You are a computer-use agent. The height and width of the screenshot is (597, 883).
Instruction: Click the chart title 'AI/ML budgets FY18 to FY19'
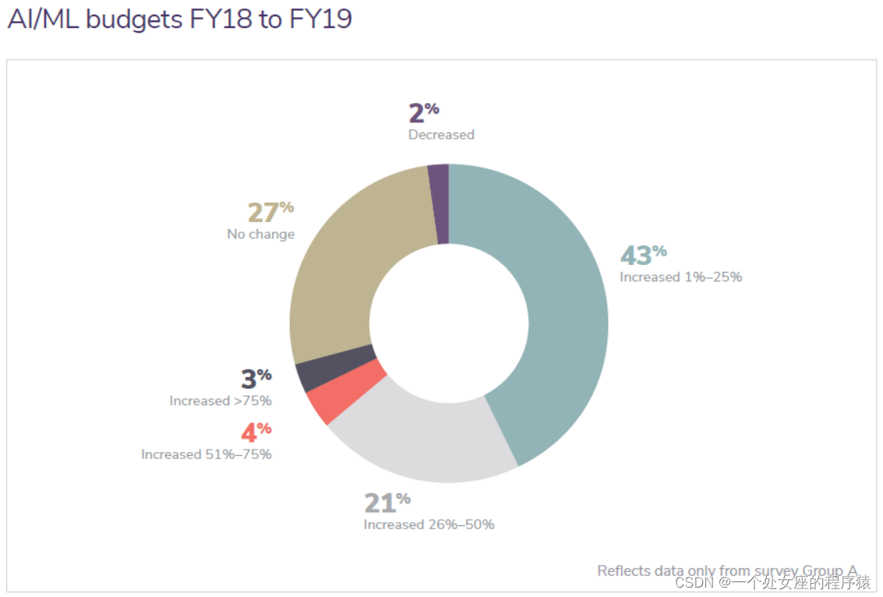coord(179,19)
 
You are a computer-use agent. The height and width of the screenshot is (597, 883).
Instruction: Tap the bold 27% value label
coord(270,212)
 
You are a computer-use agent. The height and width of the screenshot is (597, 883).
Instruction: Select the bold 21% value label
coord(387,503)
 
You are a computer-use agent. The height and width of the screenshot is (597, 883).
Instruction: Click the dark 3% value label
coord(256,379)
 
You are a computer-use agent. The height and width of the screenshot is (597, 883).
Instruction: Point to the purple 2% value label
coord(423,113)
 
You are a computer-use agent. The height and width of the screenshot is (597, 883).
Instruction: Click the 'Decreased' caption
coord(441,135)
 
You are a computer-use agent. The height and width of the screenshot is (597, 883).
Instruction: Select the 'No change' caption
coord(261,234)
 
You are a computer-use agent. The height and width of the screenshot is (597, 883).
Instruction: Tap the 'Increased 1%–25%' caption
coord(680,277)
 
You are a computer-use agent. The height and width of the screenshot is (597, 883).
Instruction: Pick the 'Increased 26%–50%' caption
coord(429,525)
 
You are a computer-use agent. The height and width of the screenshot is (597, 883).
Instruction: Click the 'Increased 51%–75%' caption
coord(207,454)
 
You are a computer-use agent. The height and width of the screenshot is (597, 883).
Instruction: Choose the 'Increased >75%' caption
coord(221,401)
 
